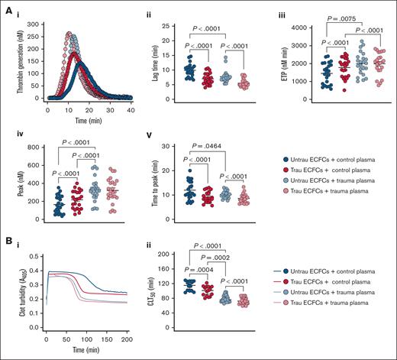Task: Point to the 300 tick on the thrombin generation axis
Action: click(x=33, y=23)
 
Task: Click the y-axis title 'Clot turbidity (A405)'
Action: click(x=11, y=303)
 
